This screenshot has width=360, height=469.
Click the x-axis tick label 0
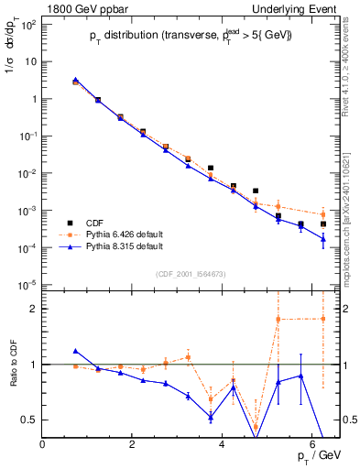click(43, 443)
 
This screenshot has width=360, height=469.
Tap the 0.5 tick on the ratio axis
click(31, 420)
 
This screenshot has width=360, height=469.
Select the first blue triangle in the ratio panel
click(76, 351)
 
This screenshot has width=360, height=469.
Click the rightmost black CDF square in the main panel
click(322, 224)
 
